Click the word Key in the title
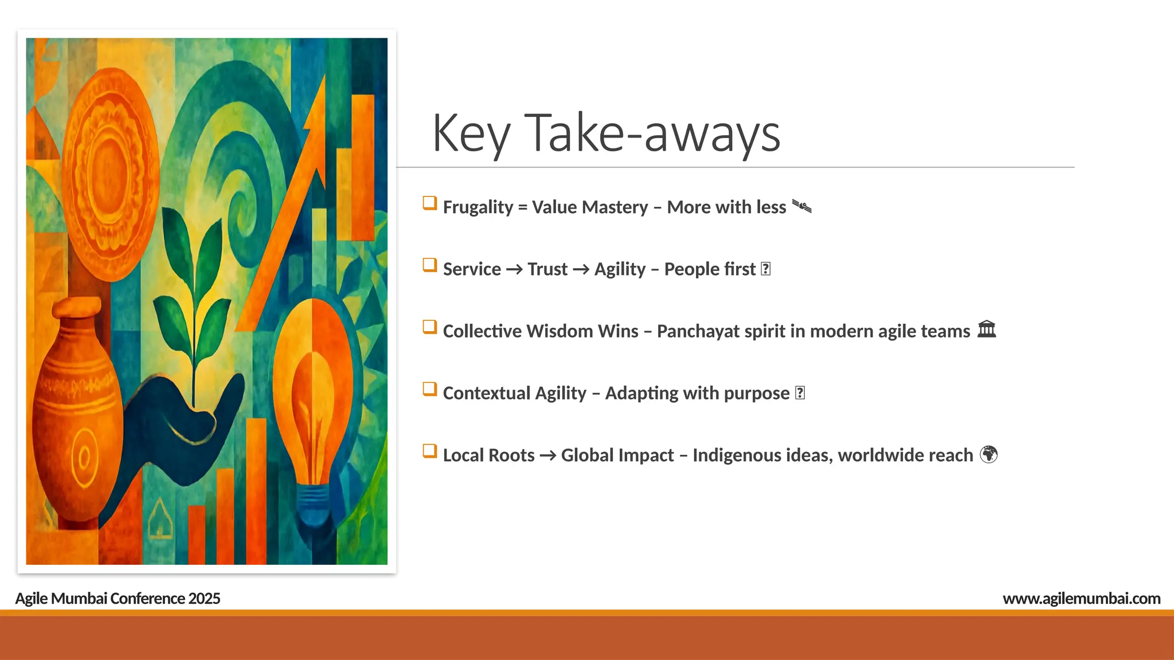[470, 133]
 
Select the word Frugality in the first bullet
[478, 207]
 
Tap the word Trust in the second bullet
[547, 269]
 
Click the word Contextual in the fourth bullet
[486, 393]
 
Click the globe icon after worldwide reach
[988, 454]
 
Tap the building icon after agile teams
[987, 329]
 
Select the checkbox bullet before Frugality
[429, 203]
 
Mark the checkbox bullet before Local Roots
[429, 451]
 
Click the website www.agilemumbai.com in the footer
[1081, 598]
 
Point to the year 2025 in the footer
[204, 598]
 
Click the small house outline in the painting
[160, 518]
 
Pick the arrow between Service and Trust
[514, 269]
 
